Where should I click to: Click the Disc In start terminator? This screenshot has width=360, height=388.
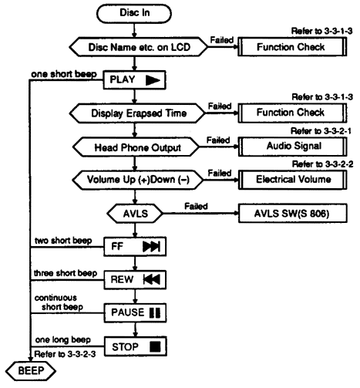(134, 13)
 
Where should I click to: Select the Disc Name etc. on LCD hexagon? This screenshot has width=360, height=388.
(139, 47)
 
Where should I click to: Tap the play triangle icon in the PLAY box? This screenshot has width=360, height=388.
(153, 80)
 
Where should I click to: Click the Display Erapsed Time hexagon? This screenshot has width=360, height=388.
(138, 113)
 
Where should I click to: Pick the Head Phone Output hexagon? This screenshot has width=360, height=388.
(136, 147)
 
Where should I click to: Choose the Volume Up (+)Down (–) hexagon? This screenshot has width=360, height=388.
(138, 180)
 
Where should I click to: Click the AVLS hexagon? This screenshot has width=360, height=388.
(135, 214)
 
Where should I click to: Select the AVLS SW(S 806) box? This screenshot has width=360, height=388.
(293, 214)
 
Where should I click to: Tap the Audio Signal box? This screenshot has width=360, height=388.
(293, 147)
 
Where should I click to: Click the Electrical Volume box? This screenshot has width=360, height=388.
(293, 180)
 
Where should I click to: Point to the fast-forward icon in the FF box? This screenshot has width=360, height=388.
(152, 247)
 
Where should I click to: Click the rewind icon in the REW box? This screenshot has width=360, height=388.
(152, 279)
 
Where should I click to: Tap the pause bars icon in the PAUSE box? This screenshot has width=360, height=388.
(155, 312)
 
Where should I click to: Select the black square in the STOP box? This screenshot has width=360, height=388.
(155, 346)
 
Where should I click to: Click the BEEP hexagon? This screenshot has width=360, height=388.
(31, 371)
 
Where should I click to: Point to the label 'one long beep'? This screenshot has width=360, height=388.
(63, 340)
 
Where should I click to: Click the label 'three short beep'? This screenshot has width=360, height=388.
(66, 273)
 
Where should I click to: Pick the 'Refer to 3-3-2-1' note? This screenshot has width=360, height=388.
(321, 131)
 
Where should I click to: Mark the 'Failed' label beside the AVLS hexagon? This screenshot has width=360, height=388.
(196, 206)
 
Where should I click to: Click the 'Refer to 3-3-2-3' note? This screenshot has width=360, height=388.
(65, 354)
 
